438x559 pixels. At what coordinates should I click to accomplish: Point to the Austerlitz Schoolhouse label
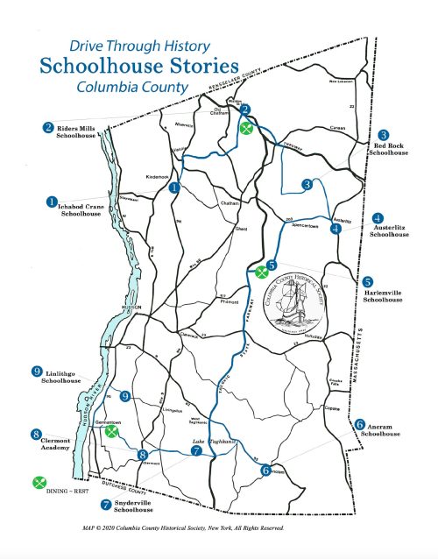pos(388,230)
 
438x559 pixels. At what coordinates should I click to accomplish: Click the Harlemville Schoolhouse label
pos(383,295)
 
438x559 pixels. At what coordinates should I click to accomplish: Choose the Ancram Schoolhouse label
pos(378,429)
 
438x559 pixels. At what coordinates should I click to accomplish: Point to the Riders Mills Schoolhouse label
pos(74,132)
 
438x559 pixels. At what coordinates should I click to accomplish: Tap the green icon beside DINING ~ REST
pos(39,482)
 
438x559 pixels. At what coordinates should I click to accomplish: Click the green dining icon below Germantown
pos(110,431)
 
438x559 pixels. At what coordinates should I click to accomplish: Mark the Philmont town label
pos(229,303)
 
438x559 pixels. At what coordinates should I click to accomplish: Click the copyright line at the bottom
pos(181,528)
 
